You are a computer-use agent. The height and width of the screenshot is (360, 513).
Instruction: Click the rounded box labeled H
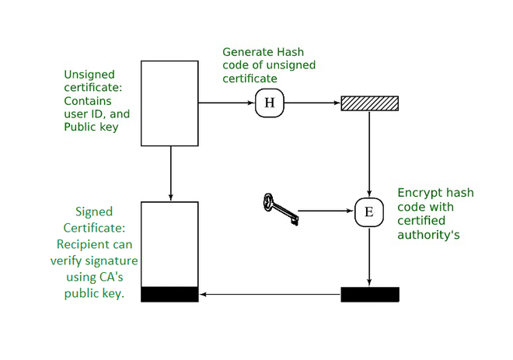(269, 103)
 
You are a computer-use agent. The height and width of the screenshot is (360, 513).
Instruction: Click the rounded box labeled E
(368, 211)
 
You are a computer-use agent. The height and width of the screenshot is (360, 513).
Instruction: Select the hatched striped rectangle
(370, 103)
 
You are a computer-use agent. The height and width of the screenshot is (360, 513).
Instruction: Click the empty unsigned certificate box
(169, 103)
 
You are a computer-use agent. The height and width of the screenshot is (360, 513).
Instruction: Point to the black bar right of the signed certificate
(370, 295)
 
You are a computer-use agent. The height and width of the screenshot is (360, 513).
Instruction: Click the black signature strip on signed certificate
(169, 294)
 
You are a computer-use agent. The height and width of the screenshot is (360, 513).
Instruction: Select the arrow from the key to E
(326, 211)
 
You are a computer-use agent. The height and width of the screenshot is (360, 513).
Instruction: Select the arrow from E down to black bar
(369, 257)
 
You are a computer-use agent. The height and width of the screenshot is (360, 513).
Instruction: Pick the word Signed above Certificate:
(94, 211)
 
